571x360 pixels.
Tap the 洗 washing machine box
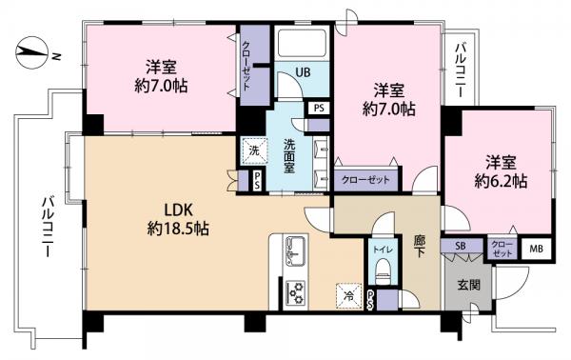[254, 150]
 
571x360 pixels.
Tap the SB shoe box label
[461, 247]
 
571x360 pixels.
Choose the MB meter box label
[536, 249]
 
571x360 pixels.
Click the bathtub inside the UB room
[302, 45]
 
